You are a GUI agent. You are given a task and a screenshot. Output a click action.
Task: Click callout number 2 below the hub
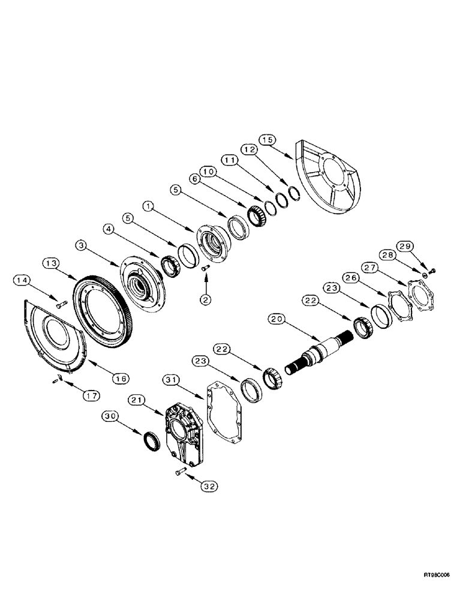(x=206, y=299)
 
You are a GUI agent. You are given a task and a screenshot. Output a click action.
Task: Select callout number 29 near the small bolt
(x=422, y=247)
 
